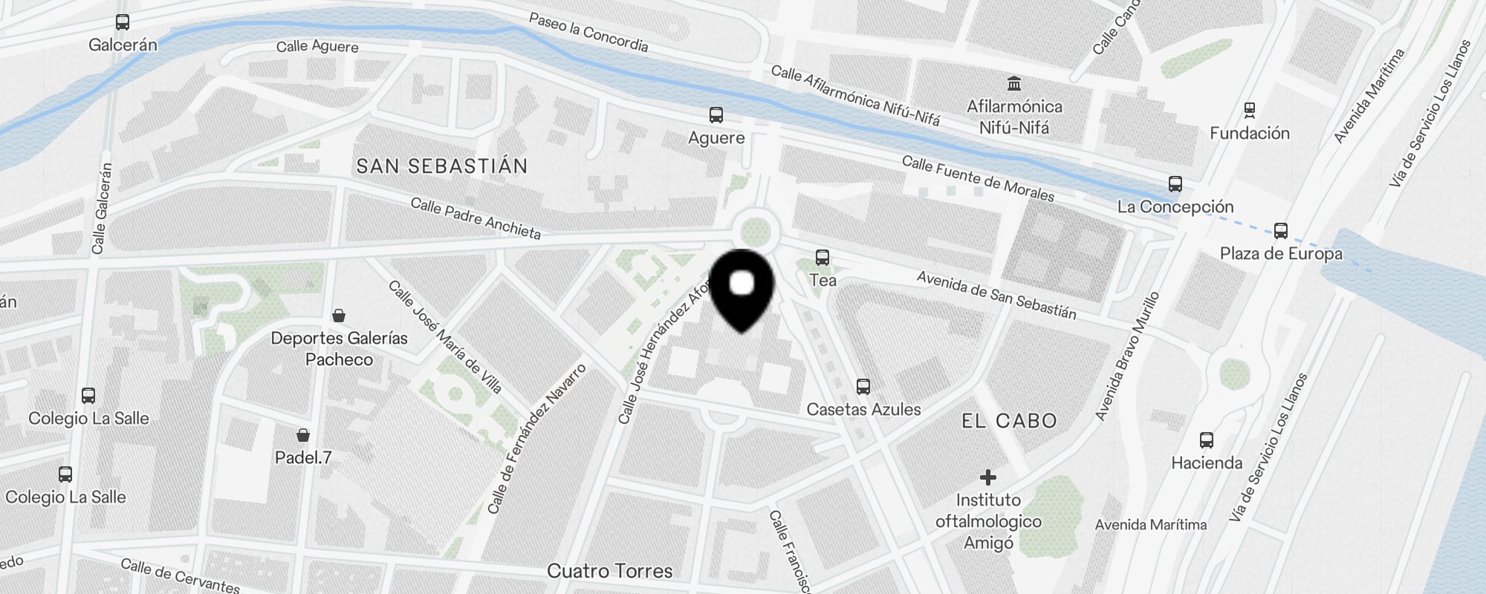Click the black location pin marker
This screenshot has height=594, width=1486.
(x=742, y=290)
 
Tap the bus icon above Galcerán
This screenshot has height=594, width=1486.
(x=123, y=23)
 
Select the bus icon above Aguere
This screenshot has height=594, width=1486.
(x=716, y=115)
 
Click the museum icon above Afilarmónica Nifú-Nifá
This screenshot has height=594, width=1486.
(x=1014, y=83)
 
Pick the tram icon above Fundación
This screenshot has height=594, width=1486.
(x=1250, y=111)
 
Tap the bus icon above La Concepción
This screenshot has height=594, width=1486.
(x=1175, y=183)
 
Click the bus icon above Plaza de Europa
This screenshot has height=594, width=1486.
(x=1281, y=230)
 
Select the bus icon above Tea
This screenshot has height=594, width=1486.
(x=823, y=258)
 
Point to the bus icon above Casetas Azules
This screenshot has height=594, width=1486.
(x=863, y=386)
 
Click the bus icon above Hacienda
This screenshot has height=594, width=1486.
(x=1207, y=440)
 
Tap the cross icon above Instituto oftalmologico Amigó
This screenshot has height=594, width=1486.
(x=988, y=477)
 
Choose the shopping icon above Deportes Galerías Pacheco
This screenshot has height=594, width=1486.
(x=339, y=316)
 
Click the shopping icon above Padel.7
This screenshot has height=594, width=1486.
(x=303, y=435)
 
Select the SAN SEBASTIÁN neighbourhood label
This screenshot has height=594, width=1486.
(x=442, y=166)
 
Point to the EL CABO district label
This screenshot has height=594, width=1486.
(x=1009, y=421)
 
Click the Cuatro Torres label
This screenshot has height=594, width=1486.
(x=610, y=571)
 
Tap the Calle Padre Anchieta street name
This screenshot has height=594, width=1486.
(x=476, y=218)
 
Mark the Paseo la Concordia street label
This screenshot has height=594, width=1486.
(x=588, y=33)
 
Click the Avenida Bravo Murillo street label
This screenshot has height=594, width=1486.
(x=1127, y=356)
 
